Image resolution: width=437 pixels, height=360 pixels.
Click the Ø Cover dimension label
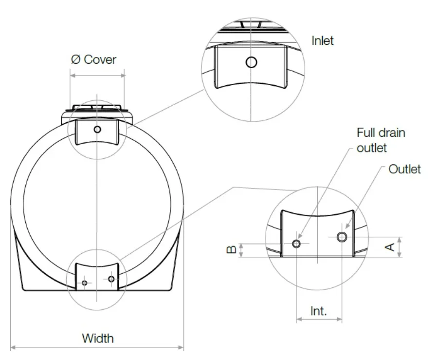(x=93, y=59)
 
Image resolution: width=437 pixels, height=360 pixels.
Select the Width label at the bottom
(x=97, y=338)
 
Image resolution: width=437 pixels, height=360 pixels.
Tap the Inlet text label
(x=323, y=40)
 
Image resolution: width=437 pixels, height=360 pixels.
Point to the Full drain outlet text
(x=381, y=139)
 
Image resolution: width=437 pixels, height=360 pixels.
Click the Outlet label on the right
(x=404, y=169)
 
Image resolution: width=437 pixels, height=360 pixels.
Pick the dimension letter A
(x=390, y=247)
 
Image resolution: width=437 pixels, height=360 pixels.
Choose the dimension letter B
(x=232, y=249)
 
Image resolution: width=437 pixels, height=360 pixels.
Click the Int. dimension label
(x=319, y=311)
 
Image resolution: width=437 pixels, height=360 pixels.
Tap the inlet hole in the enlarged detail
(x=251, y=62)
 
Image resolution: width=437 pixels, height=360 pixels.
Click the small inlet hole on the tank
(x=97, y=129)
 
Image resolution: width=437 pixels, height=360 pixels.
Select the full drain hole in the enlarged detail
(x=297, y=243)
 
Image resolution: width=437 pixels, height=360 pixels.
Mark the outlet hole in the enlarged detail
(x=342, y=237)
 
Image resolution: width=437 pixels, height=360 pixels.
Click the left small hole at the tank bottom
(x=85, y=283)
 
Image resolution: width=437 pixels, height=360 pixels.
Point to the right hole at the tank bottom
(x=111, y=279)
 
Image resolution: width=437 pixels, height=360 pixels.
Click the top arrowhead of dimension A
(x=400, y=239)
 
